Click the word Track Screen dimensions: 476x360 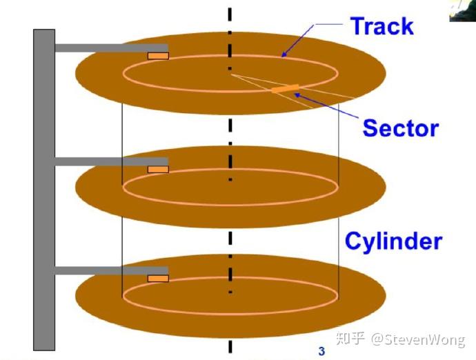(382, 26)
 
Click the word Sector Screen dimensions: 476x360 (401, 128)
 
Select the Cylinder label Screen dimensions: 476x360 (394, 242)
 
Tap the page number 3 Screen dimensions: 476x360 (321, 351)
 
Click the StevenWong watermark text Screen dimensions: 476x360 (418, 339)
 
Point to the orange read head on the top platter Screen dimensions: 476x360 (158, 56)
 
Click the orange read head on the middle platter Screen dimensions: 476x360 (158, 170)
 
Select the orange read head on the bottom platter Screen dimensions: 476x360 (158, 279)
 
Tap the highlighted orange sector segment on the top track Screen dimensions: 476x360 (285, 88)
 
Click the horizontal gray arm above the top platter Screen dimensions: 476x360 (111, 48)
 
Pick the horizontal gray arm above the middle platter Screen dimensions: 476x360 (111, 161)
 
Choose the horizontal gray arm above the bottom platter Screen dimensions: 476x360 (111, 270)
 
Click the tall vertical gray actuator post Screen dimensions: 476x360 (44, 190)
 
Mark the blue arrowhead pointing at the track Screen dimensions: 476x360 (284, 54)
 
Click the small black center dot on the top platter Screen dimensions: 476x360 (230, 69)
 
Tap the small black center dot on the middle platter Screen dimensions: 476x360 (230, 180)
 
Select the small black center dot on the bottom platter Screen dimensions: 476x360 (230, 292)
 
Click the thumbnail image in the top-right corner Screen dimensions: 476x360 (463, 10)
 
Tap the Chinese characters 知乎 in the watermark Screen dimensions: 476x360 (350, 339)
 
